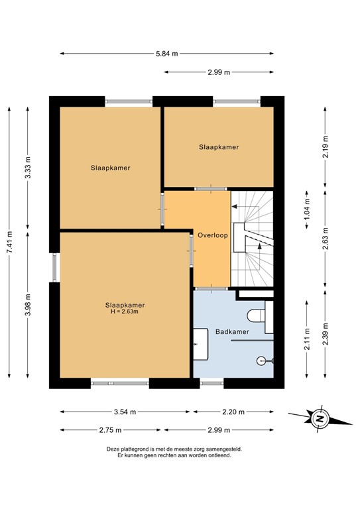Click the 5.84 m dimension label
pyautogui.click(x=166, y=54)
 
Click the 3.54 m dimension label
pyautogui.click(x=125, y=412)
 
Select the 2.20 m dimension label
pyautogui.click(x=233, y=412)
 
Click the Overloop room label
pyautogui.click(x=211, y=235)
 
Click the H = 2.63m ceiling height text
pyautogui.click(x=125, y=311)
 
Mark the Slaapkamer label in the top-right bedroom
pyautogui.click(x=218, y=146)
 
